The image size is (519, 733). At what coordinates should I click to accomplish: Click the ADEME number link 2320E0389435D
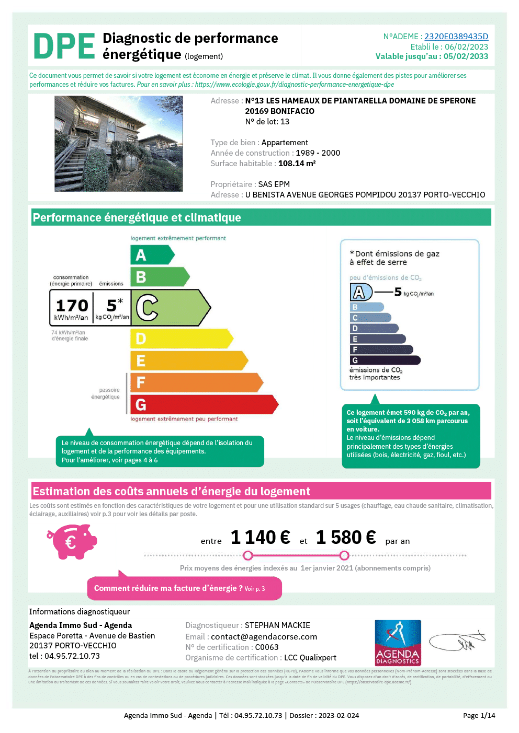click(x=456, y=37)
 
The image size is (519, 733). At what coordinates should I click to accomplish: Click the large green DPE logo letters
click(x=64, y=46)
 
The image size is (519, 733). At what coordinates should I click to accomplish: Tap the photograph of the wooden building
click(x=119, y=144)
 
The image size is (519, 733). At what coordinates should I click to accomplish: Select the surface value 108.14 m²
click(x=297, y=164)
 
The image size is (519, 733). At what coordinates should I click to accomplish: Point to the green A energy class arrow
click(x=151, y=255)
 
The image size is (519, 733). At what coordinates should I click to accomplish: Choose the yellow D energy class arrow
click(x=180, y=339)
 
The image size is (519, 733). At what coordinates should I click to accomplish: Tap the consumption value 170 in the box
click(x=72, y=305)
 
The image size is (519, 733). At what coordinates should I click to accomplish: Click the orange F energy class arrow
click(x=196, y=382)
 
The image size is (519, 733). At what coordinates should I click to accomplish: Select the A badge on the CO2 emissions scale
click(x=360, y=292)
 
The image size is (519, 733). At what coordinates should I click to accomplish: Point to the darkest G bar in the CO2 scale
click(x=385, y=360)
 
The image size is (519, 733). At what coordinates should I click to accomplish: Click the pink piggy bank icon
click(x=72, y=542)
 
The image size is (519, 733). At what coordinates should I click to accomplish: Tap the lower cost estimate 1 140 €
click(x=260, y=538)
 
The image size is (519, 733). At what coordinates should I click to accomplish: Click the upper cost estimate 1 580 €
click(x=346, y=538)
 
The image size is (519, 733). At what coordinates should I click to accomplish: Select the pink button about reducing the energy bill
click(x=184, y=588)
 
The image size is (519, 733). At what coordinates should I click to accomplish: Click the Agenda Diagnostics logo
click(x=398, y=642)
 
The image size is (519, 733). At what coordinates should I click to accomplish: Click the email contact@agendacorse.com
click(x=264, y=637)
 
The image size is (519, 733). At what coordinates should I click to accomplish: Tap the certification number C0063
click(x=267, y=647)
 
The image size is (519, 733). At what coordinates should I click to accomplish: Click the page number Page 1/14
click(x=479, y=716)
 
